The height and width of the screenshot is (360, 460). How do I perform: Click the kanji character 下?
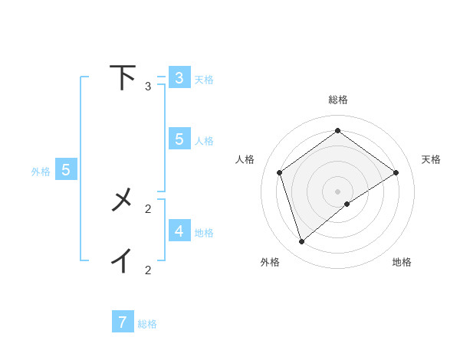(123, 77)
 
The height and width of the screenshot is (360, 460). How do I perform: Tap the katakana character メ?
(123, 200)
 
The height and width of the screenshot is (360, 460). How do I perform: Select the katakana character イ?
(122, 260)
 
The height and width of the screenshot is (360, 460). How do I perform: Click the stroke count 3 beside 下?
(148, 87)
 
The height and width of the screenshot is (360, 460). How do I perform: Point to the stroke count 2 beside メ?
(148, 208)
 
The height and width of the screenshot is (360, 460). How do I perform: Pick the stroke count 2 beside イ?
(148, 270)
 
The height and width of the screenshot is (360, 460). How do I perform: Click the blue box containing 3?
(179, 78)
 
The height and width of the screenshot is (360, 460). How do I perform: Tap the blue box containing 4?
(179, 231)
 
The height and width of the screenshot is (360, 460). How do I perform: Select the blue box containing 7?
(123, 322)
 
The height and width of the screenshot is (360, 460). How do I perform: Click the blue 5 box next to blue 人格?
(179, 139)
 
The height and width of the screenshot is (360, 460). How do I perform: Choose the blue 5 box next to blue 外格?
(66, 170)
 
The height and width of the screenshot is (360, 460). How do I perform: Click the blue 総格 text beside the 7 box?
(147, 324)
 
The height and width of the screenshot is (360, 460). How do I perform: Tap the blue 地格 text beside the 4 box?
(204, 232)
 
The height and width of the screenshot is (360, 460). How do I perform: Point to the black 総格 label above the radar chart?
(337, 100)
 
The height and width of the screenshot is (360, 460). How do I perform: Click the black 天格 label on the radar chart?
(431, 159)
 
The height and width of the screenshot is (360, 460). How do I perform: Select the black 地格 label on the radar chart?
(402, 262)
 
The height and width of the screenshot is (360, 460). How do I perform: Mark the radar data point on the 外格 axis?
(301, 242)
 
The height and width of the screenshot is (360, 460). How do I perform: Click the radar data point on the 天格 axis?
(396, 172)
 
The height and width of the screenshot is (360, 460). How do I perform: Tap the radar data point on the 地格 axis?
(347, 204)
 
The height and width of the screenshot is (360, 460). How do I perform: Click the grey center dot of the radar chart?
(337, 191)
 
